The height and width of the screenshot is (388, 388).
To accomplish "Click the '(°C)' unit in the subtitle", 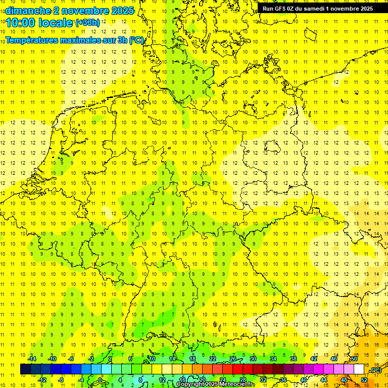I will tap(136, 40).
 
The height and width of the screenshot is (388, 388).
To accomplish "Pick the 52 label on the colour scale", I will tap(364, 380).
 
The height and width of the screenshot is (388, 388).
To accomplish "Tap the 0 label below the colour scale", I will tap(101, 380).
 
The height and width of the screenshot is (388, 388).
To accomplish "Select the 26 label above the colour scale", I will tap(233, 359).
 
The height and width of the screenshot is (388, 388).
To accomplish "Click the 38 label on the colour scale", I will tap(294, 359).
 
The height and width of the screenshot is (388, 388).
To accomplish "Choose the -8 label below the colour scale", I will tap(61, 380).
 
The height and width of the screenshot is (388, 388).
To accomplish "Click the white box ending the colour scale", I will tap(359, 369).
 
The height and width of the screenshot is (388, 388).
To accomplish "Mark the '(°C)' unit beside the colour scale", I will tap(376, 370).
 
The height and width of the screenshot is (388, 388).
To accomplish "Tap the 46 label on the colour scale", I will tap(334, 359).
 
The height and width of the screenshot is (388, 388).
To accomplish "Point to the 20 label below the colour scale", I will tap(203, 380).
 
